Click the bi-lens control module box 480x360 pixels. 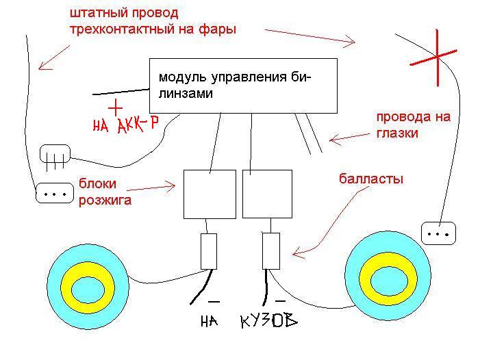click(x=243, y=86)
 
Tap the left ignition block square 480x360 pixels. click(x=210, y=194)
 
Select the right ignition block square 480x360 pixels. click(x=267, y=194)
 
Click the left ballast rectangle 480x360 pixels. click(x=209, y=251)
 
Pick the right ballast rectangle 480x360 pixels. click(x=271, y=251)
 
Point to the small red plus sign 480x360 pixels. click(x=116, y=107)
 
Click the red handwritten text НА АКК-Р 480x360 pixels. click(x=125, y=125)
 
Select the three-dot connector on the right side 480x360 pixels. click(x=438, y=233)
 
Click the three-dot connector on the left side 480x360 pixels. click(x=55, y=193)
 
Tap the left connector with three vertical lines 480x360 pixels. click(x=55, y=154)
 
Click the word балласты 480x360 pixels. click(x=371, y=179)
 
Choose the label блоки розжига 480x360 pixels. click(x=105, y=192)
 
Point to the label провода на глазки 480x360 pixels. click(x=414, y=125)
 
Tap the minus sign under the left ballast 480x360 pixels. click(x=214, y=302)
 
